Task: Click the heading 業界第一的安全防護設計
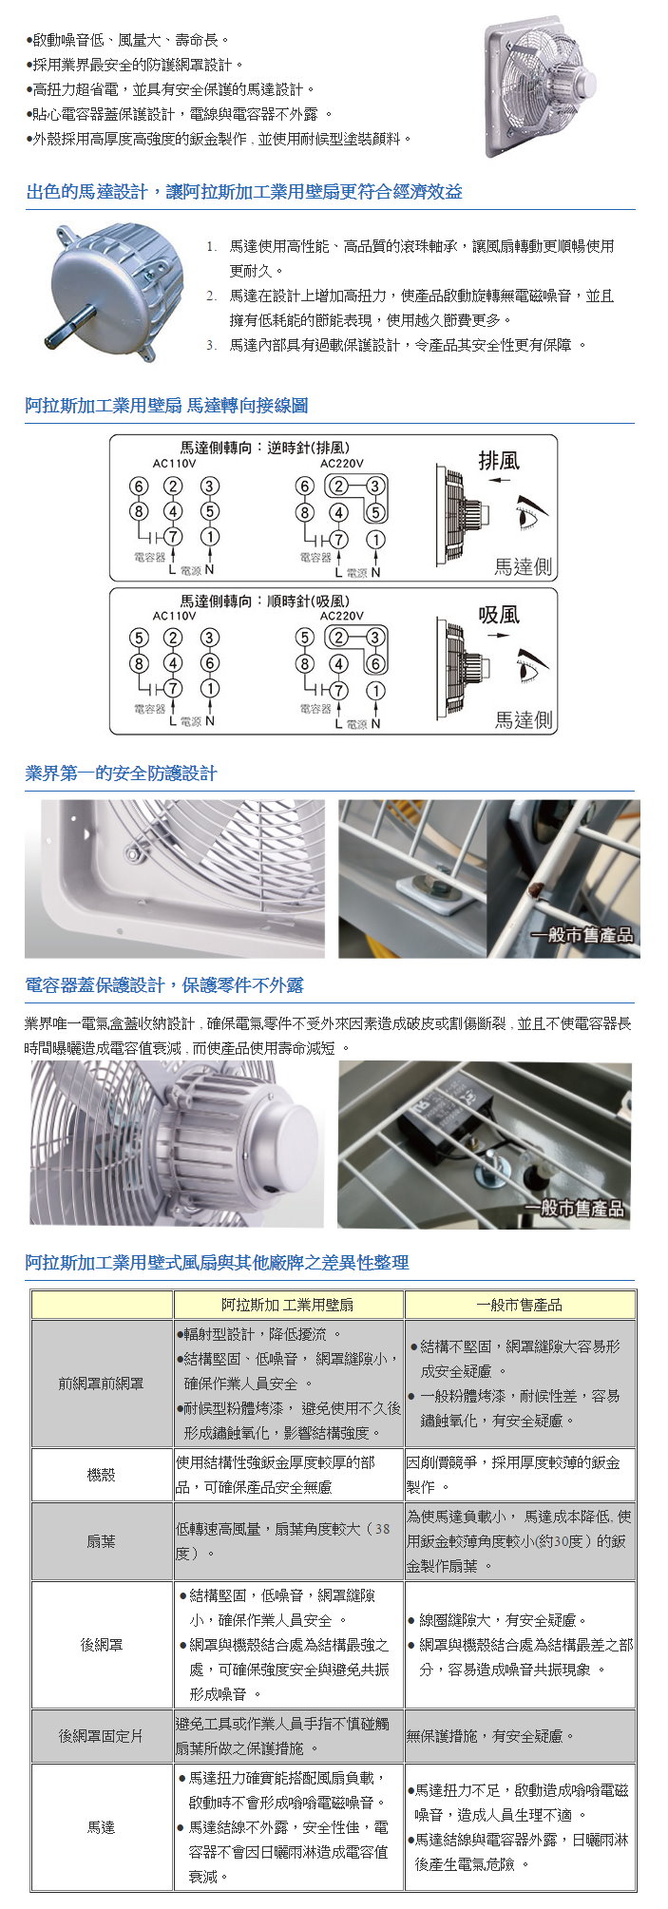[x=121, y=773]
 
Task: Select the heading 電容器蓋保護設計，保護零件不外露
[x=164, y=985]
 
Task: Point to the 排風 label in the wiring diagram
[x=499, y=461]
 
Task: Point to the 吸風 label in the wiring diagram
[x=499, y=615]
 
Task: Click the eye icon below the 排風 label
[x=533, y=517]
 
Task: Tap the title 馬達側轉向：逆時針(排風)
[x=265, y=447]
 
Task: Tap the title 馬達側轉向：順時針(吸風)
[x=265, y=601]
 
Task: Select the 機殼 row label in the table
[x=101, y=1475]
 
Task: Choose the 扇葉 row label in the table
[x=101, y=1541]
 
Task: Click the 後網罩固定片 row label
[x=101, y=1736]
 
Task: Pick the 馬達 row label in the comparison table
[x=101, y=1827]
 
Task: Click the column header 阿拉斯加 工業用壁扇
[x=288, y=1305]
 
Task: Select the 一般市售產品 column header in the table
[x=519, y=1305]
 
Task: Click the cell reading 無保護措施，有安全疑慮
[x=490, y=1736]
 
